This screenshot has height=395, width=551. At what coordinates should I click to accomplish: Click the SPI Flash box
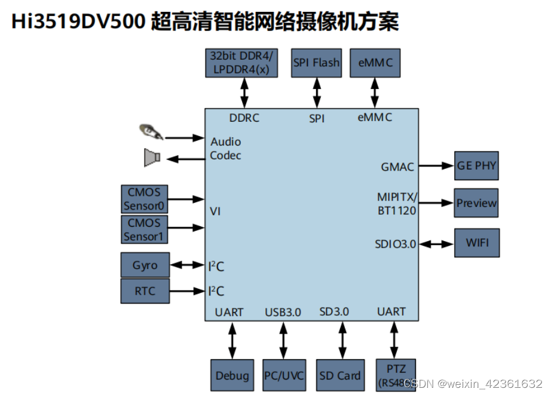point(317,63)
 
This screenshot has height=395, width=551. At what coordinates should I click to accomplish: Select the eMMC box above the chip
point(375,63)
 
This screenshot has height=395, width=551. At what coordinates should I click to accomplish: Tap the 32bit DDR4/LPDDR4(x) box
point(241,63)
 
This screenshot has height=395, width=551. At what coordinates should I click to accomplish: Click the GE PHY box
point(476,165)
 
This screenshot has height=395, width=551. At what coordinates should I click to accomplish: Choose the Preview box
point(476,203)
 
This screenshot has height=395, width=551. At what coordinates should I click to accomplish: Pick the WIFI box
point(476,243)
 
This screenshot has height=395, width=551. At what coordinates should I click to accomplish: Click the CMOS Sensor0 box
point(144,199)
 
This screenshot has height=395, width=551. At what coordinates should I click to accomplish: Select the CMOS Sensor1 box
point(144,230)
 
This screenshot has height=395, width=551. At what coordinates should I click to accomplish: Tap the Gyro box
point(145,265)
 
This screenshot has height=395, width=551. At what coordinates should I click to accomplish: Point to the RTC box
point(145,291)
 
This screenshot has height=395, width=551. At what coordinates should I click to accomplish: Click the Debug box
point(232,375)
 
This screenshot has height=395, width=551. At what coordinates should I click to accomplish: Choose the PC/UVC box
point(284,375)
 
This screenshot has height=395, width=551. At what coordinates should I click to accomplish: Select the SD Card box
point(339,375)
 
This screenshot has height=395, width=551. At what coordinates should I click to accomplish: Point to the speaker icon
point(152,158)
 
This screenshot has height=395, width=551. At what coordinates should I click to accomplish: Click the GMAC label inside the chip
point(397,167)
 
